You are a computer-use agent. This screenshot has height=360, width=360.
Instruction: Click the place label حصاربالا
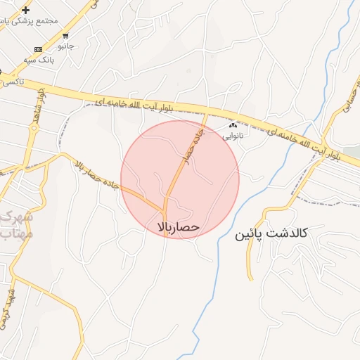coord(180,227)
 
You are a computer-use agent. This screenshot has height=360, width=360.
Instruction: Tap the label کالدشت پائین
coord(272,233)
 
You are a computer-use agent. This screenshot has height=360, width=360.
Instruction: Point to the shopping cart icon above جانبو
coord(65,36)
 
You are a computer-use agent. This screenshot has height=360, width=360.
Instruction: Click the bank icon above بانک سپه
coord(38,49)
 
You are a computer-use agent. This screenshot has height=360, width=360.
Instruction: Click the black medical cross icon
coord(26,10)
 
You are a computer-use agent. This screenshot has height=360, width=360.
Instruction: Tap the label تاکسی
coord(10,82)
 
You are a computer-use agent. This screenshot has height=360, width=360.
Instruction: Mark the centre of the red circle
coord(180,179)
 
